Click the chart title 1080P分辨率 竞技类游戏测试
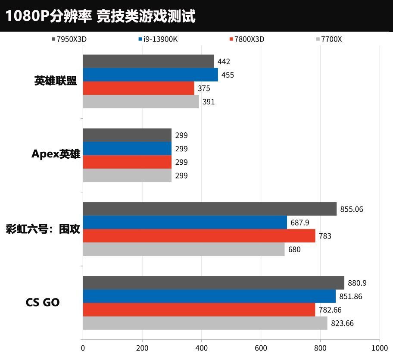point(100,16)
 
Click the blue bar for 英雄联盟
point(150,75)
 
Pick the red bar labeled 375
point(138,88)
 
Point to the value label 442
point(224,62)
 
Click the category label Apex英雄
point(56,154)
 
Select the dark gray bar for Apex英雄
point(127,135)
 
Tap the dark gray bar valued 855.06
point(209,209)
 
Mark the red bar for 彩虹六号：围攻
point(199,236)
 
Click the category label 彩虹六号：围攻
point(43,229)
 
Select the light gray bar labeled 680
point(184,249)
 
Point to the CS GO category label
point(43,303)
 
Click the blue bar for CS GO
point(209,296)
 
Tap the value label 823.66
point(342,323)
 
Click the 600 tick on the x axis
point(261,347)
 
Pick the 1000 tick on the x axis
point(379,347)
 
